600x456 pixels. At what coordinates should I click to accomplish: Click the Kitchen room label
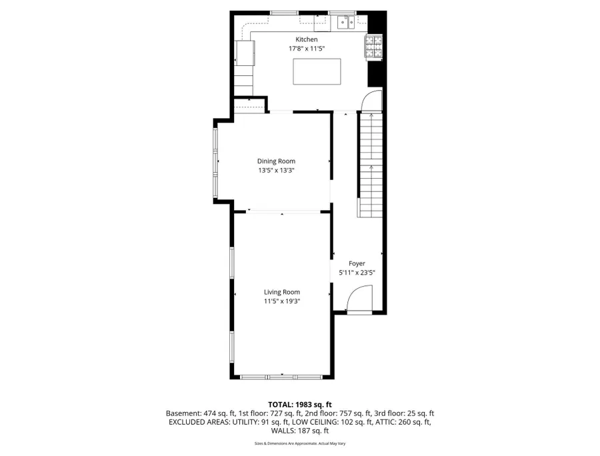click(307, 39)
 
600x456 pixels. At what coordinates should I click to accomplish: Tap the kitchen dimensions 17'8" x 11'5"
click(307, 49)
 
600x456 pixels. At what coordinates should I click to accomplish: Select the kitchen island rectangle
click(317, 71)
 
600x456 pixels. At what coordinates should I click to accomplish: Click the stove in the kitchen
click(374, 47)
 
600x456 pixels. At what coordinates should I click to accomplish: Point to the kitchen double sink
click(347, 23)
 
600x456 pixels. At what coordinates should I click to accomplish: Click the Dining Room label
click(276, 161)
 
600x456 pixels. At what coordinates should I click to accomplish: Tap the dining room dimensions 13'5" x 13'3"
click(276, 170)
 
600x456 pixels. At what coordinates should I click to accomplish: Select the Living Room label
click(282, 292)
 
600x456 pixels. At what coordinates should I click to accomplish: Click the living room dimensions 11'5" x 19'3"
click(282, 301)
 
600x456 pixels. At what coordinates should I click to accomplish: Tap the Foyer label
click(357, 263)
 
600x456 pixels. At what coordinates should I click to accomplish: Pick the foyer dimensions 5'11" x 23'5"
click(357, 273)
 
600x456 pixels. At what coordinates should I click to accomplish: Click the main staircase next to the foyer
click(371, 165)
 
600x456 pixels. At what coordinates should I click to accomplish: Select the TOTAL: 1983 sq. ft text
click(300, 405)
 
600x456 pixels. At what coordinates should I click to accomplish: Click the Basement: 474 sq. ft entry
click(201, 413)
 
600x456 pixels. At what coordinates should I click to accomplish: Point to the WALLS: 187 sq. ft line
click(300, 431)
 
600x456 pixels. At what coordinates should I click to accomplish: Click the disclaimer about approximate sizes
click(300, 444)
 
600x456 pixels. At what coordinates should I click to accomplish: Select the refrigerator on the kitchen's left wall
click(245, 53)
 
